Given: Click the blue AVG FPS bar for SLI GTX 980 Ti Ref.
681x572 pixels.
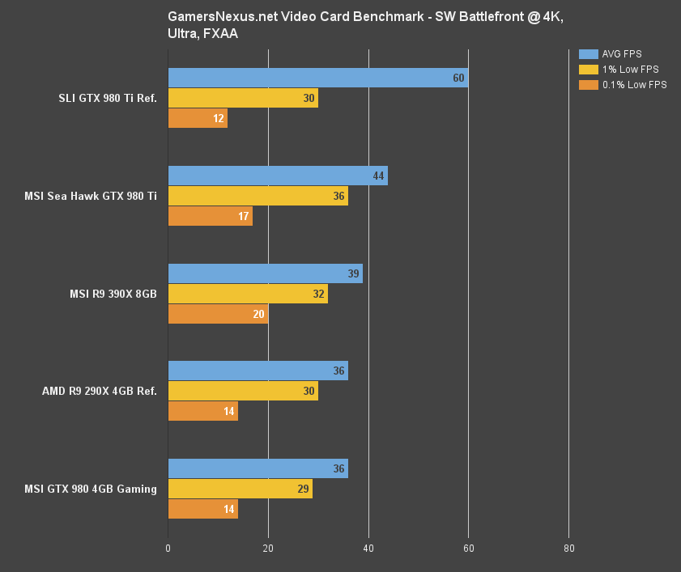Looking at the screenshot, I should coord(317,78).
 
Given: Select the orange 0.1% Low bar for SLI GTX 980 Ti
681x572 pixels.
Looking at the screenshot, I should coord(198,118).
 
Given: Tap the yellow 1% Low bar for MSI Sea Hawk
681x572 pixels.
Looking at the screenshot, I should coord(258,196).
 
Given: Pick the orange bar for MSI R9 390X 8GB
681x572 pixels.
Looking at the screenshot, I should coord(218,314).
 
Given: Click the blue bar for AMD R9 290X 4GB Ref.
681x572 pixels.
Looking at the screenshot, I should coord(258,371).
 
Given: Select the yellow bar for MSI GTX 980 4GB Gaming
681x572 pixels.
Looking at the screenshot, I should coord(240,489).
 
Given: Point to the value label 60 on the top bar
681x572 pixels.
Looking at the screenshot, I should coord(458,78).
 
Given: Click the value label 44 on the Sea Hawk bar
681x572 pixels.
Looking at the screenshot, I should coord(377,176).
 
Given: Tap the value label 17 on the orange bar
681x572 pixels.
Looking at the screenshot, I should coord(243,216).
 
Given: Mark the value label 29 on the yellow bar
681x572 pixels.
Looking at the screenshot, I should coord(303,489).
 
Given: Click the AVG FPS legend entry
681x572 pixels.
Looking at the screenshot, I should coord(621,54).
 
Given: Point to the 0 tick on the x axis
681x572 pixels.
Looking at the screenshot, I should coord(168,549).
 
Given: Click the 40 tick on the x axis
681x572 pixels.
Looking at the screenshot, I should coord(368,549).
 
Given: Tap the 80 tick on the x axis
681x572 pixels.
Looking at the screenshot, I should coord(568,549).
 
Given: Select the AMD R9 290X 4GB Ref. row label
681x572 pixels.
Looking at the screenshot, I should coord(100,392).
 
